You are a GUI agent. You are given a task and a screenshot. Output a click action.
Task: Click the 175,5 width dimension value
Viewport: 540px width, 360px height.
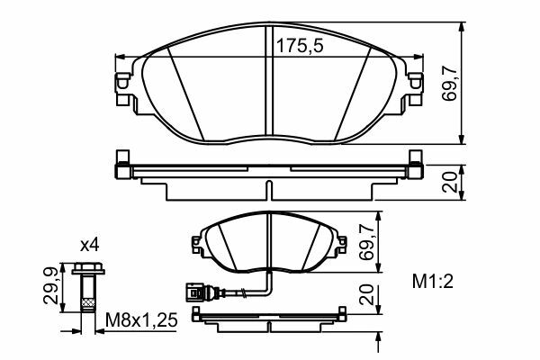tap(300, 46)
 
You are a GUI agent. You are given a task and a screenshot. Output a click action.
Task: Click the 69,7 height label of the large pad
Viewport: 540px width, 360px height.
tap(450, 84)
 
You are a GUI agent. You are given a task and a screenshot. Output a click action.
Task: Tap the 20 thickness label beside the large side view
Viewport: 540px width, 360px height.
tap(450, 182)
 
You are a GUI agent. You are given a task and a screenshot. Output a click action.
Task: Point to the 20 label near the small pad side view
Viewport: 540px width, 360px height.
tap(366, 294)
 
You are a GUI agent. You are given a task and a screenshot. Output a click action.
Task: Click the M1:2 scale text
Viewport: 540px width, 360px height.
tap(433, 282)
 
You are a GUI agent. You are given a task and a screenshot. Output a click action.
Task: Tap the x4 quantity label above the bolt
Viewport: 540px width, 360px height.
tap(89, 246)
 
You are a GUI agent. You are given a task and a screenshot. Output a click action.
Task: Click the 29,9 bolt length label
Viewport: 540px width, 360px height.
tap(50, 286)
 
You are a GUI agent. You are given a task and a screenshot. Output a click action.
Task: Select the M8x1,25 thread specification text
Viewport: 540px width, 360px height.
tap(141, 320)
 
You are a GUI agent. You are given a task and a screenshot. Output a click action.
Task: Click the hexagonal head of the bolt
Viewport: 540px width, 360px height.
tap(88, 268)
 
